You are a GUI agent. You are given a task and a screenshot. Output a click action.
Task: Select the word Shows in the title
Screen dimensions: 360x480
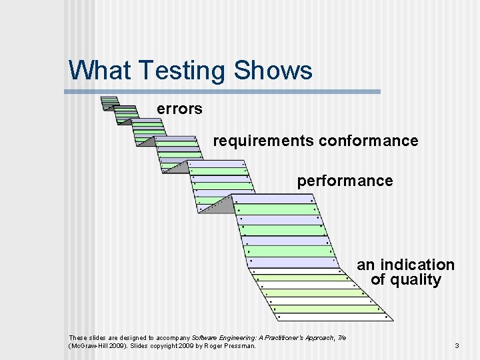(275, 70)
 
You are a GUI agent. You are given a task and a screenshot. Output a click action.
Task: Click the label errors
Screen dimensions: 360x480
(179, 109)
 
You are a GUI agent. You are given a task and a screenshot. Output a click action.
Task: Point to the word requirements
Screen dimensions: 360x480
(263, 141)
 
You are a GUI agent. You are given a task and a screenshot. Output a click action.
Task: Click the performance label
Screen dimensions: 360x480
(345, 181)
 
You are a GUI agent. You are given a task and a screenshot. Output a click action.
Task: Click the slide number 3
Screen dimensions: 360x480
(457, 345)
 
